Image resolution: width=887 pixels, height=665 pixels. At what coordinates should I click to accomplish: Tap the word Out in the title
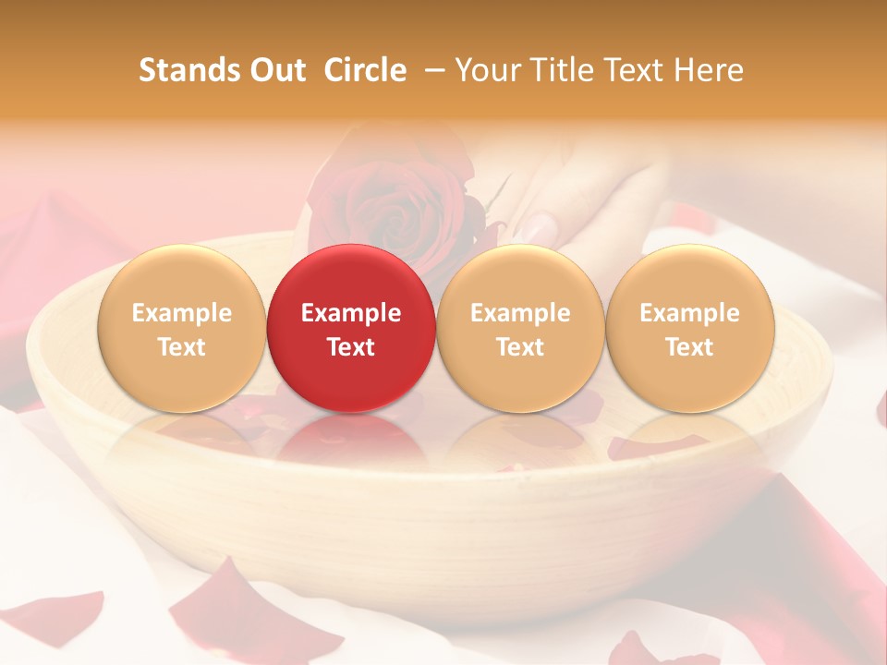click(274, 70)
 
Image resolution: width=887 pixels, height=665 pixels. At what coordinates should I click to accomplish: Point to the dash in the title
click(432, 71)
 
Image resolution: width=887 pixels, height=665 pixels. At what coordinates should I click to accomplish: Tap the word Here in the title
click(709, 70)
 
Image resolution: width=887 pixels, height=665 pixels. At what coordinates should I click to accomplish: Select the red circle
click(350, 328)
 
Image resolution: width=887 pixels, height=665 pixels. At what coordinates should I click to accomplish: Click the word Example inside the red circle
click(350, 313)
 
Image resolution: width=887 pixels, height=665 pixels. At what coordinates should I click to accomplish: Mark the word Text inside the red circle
click(350, 347)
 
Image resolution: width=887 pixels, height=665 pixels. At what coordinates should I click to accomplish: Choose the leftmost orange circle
click(181, 328)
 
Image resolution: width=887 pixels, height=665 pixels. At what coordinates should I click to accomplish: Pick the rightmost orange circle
click(689, 328)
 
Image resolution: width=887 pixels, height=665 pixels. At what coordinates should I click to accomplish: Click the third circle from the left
click(520, 328)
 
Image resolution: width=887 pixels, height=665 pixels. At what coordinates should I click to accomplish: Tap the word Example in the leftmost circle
click(181, 313)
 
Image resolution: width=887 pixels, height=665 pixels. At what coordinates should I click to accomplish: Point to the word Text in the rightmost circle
click(689, 347)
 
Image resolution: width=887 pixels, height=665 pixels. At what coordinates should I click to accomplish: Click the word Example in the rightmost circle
click(689, 313)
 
